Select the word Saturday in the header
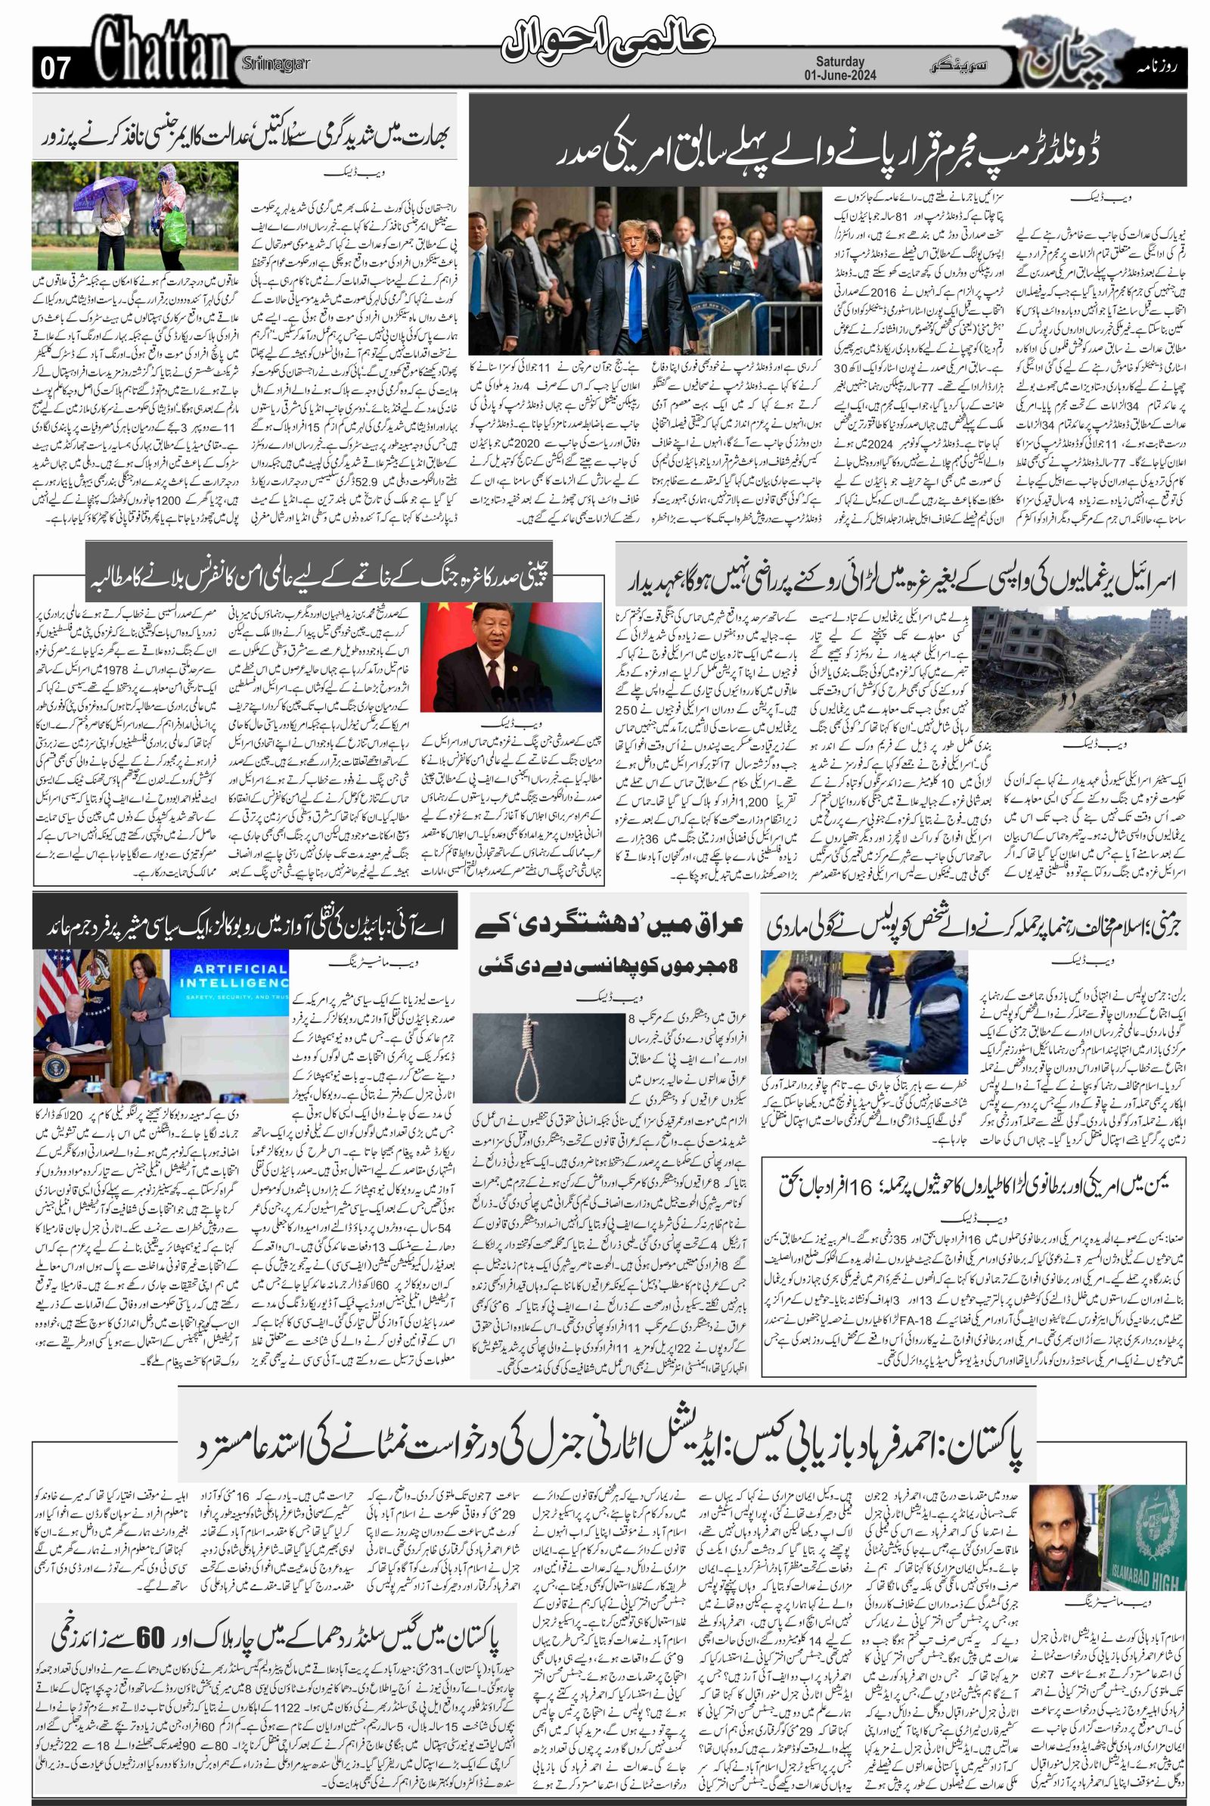click(840, 61)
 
